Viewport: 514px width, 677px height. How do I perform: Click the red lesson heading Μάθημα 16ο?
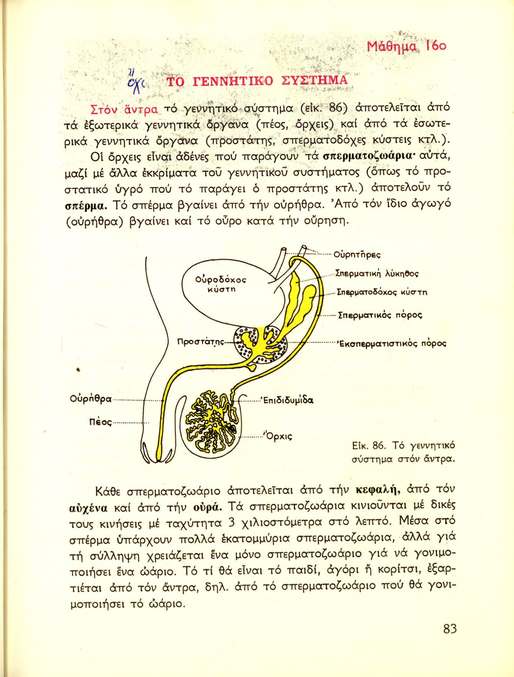point(407,46)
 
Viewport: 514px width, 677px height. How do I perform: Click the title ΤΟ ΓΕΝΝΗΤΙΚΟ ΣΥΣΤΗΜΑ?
point(257,81)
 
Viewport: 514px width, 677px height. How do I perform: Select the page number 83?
point(450,629)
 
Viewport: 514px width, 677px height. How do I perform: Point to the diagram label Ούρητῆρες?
point(357,254)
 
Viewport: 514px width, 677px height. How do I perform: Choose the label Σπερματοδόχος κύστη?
point(382,292)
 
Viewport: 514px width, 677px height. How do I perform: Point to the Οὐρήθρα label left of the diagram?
point(91,399)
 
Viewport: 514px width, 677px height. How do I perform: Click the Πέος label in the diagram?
point(100,422)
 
